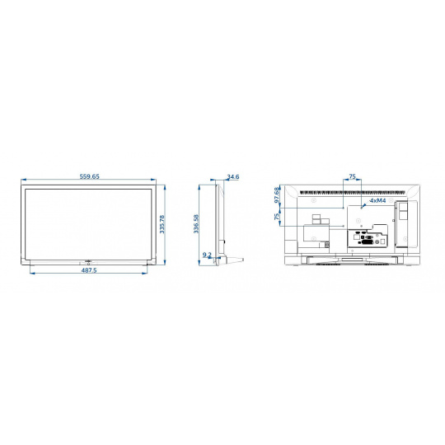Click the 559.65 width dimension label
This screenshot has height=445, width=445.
[x=90, y=176]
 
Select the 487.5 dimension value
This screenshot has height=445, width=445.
[x=89, y=270]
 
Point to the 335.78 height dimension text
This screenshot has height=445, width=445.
[x=162, y=224]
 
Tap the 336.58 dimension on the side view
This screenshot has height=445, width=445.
[x=196, y=224]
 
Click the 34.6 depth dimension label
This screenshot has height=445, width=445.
[x=233, y=176]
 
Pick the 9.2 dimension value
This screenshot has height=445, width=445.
[x=207, y=255]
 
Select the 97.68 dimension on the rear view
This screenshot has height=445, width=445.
[x=277, y=195]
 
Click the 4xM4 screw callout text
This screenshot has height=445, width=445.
[x=377, y=200]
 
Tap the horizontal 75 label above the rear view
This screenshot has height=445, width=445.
[x=352, y=176]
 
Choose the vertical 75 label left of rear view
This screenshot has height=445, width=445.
[x=277, y=217]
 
